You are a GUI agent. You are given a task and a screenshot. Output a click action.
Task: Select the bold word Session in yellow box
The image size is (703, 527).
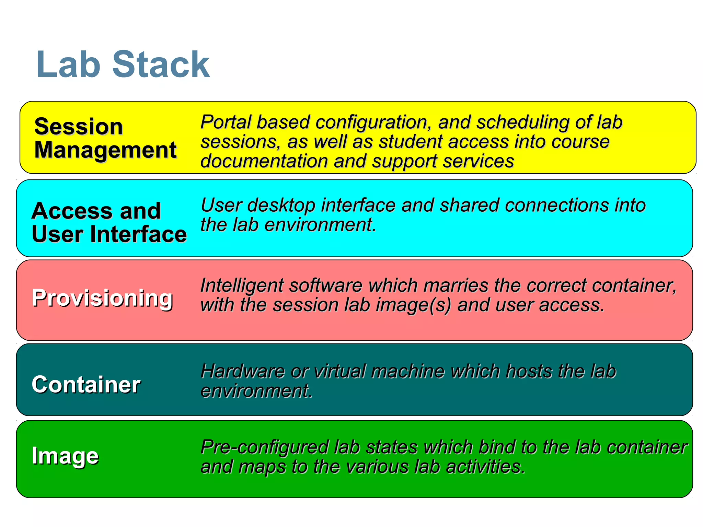tap(79, 127)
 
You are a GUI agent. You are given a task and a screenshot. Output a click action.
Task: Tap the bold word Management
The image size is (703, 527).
tap(105, 150)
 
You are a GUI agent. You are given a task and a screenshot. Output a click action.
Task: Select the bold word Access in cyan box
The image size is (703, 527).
tap(71, 211)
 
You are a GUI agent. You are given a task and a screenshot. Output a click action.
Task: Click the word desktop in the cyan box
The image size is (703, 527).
tap(281, 206)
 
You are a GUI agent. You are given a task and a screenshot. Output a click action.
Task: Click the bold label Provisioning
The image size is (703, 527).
tap(102, 298)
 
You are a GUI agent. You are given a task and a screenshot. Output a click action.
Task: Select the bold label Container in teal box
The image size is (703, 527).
tap(86, 384)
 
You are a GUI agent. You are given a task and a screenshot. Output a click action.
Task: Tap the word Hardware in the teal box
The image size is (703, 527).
tap(242, 371)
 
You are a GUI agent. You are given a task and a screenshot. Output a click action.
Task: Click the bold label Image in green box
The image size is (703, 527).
tap(65, 456)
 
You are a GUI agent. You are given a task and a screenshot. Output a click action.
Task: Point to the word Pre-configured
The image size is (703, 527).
tap(264, 447)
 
